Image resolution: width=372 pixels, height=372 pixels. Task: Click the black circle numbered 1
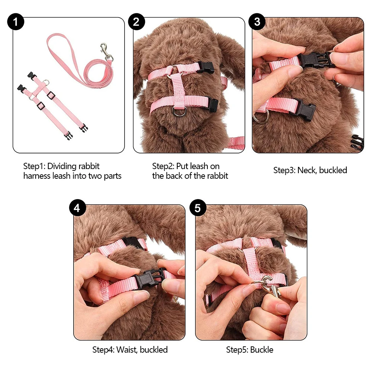16,22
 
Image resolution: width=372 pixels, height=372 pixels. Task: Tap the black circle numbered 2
136,22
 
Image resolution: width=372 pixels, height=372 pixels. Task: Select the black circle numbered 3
257,22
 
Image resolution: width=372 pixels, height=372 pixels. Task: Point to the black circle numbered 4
77,208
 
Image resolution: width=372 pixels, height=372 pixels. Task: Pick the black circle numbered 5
198,208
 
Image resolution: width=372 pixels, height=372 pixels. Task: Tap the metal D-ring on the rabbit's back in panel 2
179,111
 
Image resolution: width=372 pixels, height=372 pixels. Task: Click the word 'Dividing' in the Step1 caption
60,166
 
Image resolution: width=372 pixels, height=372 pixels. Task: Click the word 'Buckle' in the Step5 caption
262,350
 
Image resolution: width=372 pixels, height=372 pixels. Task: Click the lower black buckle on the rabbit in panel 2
213,104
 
